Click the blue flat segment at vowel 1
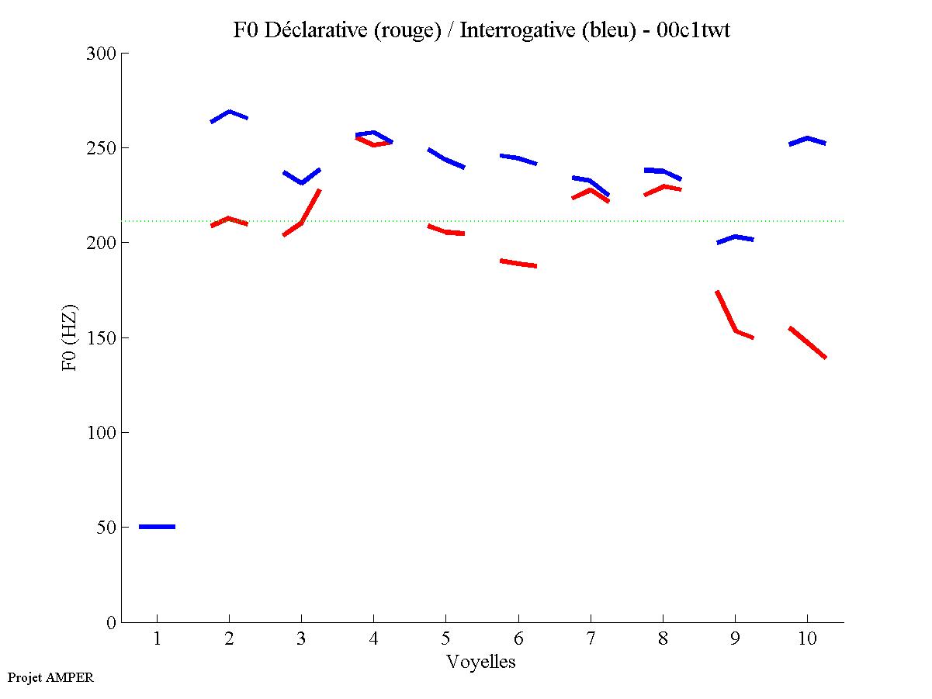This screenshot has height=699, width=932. (x=157, y=527)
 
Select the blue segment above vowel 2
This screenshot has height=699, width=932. (x=229, y=112)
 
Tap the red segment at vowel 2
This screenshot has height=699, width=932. (x=228, y=219)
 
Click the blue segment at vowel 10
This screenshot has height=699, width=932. (x=807, y=139)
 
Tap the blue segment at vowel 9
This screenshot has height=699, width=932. (x=735, y=237)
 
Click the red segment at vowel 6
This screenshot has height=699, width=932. (x=518, y=264)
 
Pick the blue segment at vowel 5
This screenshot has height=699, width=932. (x=445, y=159)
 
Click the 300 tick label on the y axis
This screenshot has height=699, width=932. (x=101, y=54)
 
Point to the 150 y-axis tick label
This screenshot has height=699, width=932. (x=101, y=337)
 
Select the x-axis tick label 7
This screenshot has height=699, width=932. (x=590, y=640)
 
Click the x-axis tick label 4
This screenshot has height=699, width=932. (x=373, y=640)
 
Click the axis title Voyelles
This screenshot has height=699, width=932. (x=480, y=662)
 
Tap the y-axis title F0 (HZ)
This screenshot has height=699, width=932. (x=69, y=337)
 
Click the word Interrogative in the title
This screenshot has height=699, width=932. (x=511, y=30)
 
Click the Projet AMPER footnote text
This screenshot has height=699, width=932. (x=50, y=677)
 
